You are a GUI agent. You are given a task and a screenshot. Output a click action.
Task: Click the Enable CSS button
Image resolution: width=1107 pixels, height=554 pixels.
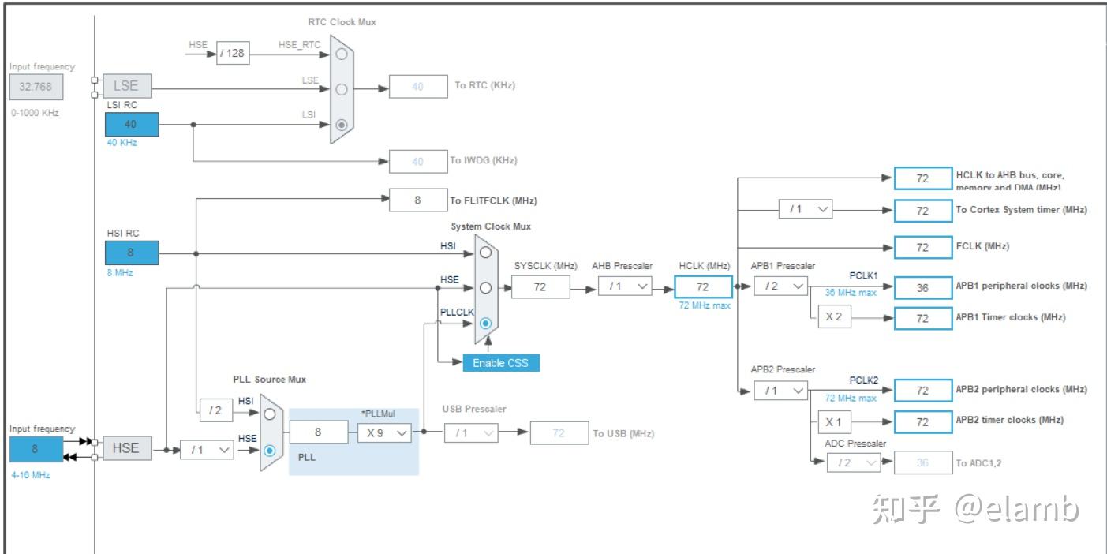coord(501,362)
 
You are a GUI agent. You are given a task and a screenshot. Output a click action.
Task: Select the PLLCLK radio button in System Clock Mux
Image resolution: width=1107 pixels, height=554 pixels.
coord(485,324)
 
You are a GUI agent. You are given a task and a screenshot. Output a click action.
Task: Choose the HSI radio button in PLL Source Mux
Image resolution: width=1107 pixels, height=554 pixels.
coord(270,414)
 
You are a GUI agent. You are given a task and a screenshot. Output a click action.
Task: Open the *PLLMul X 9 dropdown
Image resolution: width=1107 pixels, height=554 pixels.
coord(384,432)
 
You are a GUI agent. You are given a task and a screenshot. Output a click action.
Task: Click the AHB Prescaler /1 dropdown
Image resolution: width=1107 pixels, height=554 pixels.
coord(625,286)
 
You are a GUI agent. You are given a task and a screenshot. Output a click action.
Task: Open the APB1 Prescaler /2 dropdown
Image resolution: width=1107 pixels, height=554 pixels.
coord(780,286)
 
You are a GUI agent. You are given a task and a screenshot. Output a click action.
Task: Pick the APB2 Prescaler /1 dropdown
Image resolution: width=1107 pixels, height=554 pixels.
coord(780,390)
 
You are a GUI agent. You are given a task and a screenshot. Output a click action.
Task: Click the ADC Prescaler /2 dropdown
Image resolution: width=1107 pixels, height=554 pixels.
coord(853,462)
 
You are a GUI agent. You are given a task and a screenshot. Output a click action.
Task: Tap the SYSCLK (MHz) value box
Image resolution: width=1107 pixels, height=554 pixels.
coord(540,286)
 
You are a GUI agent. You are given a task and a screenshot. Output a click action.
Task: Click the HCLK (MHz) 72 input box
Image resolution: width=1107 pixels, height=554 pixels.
coord(703,286)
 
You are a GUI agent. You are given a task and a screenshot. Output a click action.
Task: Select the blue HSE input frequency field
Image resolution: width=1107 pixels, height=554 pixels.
coord(35,448)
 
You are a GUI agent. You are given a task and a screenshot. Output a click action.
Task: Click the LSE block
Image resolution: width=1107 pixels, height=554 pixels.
coord(126,86)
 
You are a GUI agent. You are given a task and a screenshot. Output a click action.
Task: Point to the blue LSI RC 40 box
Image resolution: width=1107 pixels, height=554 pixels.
coord(131,124)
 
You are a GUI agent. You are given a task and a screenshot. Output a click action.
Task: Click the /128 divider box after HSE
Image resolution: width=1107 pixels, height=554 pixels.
coord(233,53)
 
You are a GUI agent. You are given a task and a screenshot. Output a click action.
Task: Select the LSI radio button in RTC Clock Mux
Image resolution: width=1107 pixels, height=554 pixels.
coord(341,124)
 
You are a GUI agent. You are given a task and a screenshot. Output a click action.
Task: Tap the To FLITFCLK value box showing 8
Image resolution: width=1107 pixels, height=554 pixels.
coord(418,200)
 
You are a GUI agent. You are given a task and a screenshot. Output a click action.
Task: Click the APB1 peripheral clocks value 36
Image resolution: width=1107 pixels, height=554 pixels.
coord(922,288)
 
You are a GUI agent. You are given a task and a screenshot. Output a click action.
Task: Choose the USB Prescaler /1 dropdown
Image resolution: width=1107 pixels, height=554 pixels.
coord(471,432)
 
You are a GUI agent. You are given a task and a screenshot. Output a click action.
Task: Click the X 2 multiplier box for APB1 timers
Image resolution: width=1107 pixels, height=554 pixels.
coord(834,317)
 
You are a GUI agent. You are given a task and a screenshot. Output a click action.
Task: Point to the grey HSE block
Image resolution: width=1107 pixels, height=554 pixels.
coord(126,448)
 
